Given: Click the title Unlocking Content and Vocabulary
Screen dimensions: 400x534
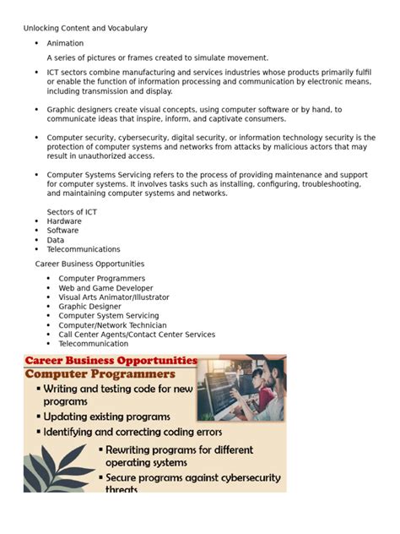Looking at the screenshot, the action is [85, 28].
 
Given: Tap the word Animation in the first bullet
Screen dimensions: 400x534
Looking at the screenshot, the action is [65, 43].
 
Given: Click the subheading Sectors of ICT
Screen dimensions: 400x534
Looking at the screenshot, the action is [77, 211].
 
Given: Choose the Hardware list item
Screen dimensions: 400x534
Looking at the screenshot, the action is [64, 221].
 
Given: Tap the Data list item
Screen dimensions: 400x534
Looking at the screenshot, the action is [55, 240].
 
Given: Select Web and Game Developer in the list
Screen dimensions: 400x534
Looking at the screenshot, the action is [105, 288].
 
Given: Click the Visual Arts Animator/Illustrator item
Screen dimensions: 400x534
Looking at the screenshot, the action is [114, 297].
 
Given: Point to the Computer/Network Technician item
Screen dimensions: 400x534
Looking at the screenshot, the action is [112, 325].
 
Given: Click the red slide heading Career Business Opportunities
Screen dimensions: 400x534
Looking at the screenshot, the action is [111, 361].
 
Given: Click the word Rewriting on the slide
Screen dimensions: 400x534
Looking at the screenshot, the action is [132, 450].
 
